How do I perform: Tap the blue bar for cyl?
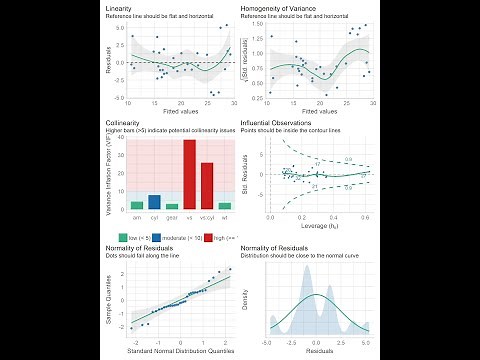[154, 202]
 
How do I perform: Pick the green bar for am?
[137, 205]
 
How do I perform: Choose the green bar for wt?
[225, 206]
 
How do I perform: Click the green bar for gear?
[172, 206]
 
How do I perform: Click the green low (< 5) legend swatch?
[123, 236]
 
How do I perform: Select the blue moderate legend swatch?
[162, 236]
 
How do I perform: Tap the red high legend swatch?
[209, 236]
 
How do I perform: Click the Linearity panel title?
[120, 8]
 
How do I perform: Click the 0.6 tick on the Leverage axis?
[365, 216]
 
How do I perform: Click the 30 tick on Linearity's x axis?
[234, 103]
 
